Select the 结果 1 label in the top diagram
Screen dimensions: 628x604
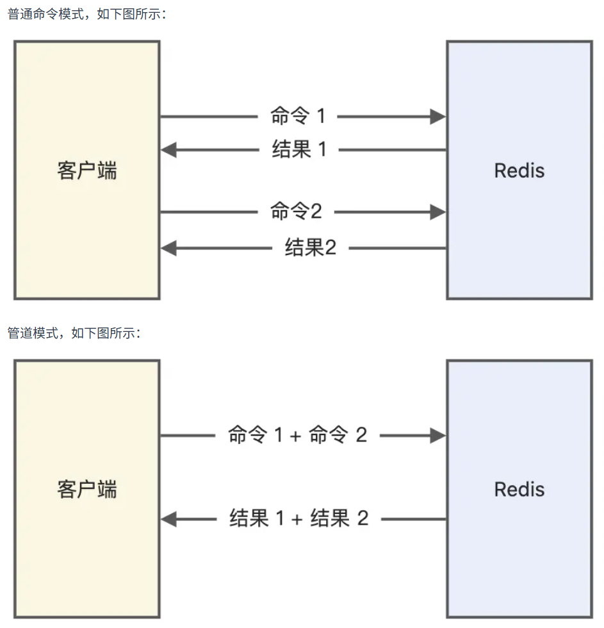[299, 150]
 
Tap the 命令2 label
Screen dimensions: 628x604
[296, 211]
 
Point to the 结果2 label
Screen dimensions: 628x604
[310, 247]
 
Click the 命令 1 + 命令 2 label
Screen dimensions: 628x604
[298, 435]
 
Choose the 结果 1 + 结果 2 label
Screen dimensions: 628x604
[299, 518]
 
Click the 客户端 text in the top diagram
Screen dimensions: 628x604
[87, 171]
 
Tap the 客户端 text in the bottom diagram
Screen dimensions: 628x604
[87, 490]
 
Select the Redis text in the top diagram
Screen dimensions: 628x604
[519, 171]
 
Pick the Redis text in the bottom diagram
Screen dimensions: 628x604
[519, 490]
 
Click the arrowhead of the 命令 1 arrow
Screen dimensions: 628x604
[438, 117]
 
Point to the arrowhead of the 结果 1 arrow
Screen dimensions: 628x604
[168, 151]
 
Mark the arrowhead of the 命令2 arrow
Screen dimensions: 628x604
[438, 212]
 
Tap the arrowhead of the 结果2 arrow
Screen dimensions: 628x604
[168, 248]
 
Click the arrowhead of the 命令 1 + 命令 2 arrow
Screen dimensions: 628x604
[438, 436]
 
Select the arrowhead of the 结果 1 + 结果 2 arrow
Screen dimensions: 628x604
[168, 519]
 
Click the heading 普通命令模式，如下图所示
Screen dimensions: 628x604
[87, 14]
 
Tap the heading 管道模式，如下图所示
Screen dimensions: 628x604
[74, 333]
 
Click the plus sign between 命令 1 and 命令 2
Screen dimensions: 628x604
[295, 436]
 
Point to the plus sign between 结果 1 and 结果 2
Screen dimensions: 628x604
[297, 520]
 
